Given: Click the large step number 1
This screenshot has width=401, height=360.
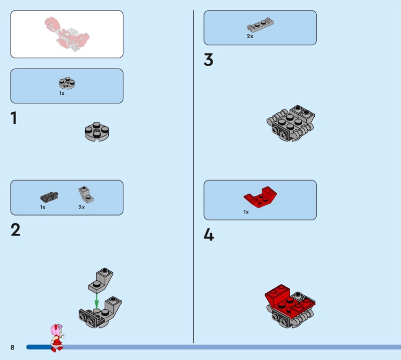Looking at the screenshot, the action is point(14,118).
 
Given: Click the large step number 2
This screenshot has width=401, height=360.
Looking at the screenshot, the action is point(16,230).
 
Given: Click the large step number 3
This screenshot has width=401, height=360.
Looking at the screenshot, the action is point(209,60).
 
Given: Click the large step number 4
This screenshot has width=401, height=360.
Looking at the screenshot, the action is point(209,235).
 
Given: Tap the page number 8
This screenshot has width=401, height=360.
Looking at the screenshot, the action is point(12,347).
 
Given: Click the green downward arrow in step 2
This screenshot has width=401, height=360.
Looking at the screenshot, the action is point(96,301).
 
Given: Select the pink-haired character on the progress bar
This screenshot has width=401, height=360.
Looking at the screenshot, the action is point(57,338).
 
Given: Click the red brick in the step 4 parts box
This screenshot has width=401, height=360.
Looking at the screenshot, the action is point(260,197).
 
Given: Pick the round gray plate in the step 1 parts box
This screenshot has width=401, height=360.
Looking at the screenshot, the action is point(67,83).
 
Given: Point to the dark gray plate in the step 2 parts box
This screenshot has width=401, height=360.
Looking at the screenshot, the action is point(49,197).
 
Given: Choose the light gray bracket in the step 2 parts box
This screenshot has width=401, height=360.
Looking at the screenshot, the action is point(86,195).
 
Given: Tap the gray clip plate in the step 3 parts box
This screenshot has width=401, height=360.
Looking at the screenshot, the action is point(260,25).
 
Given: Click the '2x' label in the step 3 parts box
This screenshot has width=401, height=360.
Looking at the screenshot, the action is point(250,36).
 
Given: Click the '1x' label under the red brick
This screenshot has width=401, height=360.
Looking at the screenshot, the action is point(246,212).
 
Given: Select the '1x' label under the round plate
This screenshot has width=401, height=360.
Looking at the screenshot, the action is point(62,93).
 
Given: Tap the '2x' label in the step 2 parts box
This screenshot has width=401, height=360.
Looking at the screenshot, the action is point(82,207).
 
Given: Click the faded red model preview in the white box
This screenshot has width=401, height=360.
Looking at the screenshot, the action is point(67,34).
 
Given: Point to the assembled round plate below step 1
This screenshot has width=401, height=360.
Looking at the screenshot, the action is point(97,131).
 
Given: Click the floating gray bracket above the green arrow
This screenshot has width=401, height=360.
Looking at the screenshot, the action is point(101,280).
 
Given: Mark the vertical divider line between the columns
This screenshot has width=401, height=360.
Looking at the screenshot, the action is point(193,176).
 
